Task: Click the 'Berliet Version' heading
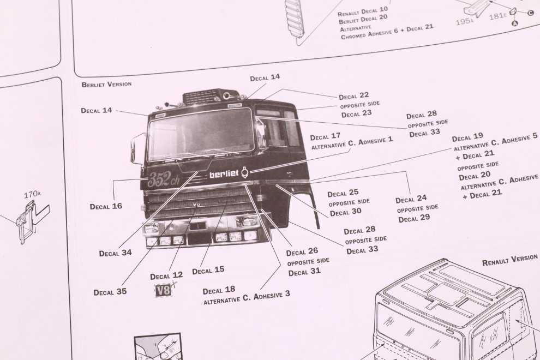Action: click(x=106, y=84)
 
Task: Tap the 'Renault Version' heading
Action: click(x=509, y=260)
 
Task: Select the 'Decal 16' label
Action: click(x=106, y=206)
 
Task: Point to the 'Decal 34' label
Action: click(x=116, y=253)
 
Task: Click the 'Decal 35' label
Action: click(x=110, y=292)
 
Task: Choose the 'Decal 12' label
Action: click(x=166, y=276)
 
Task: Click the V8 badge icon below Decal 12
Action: click(x=163, y=290)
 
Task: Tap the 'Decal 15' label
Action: click(x=208, y=271)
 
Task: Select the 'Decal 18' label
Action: click(x=219, y=290)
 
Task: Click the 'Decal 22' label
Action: click(x=353, y=96)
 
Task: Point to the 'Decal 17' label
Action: click(x=325, y=137)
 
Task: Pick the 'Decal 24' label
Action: click(x=411, y=199)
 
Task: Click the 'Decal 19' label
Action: click(x=467, y=137)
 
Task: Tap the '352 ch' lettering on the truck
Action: click(x=163, y=179)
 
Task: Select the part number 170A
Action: click(x=32, y=195)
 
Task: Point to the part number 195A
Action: click(x=465, y=22)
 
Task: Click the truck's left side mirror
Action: click(x=136, y=148)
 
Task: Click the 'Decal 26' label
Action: click(x=302, y=252)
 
